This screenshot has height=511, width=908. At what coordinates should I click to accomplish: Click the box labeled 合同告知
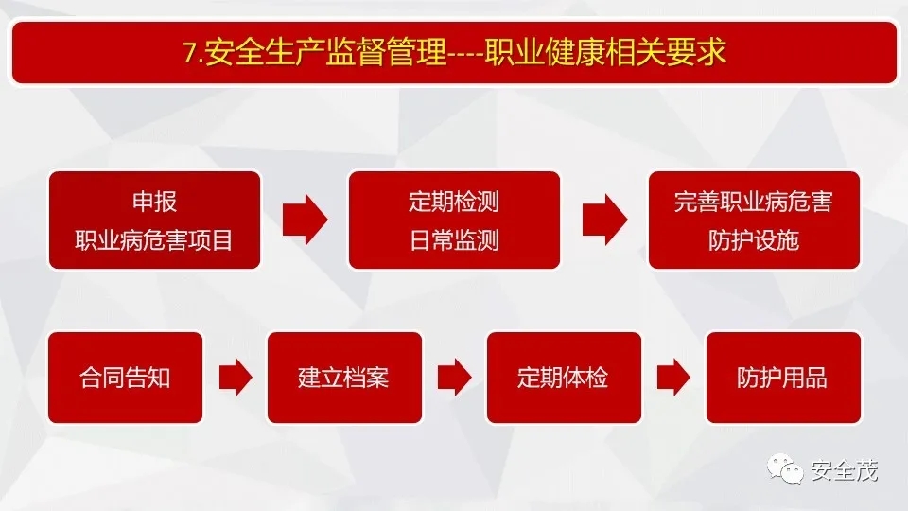click(125, 378)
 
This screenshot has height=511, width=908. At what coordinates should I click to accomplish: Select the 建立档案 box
click(344, 378)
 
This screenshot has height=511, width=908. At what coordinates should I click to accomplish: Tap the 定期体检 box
click(564, 378)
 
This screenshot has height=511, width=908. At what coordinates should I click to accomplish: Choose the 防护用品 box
click(783, 378)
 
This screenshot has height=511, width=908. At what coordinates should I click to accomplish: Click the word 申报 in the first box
click(154, 202)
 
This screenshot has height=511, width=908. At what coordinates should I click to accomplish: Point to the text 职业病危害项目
click(154, 240)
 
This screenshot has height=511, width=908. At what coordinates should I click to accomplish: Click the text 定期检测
click(454, 202)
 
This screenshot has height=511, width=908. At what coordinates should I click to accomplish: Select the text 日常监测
click(454, 240)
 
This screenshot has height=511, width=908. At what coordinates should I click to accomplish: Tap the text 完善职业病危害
click(754, 202)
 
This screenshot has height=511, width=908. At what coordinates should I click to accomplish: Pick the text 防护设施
click(754, 240)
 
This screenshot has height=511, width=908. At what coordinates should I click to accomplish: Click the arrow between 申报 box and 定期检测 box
click(306, 220)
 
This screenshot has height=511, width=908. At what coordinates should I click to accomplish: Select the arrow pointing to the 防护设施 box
click(604, 220)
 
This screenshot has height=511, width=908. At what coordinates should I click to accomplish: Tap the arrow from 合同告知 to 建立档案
click(236, 378)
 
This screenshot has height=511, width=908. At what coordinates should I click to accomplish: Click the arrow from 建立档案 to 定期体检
click(455, 378)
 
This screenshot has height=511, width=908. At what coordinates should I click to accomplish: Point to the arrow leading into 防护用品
click(673, 378)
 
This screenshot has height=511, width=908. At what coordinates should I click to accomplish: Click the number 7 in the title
click(190, 52)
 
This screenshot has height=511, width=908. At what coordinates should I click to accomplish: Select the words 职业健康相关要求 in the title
click(605, 51)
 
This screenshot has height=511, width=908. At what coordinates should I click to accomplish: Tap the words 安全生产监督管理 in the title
click(326, 51)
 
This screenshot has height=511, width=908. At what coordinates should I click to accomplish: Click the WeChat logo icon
click(785, 468)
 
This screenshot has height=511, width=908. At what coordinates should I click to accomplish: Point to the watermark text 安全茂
click(845, 470)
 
